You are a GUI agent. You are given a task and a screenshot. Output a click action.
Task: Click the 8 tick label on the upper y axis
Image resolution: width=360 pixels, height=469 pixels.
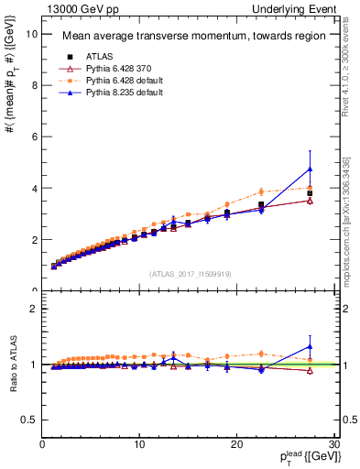33,85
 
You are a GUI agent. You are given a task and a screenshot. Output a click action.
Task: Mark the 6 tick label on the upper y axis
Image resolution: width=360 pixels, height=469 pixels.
33,136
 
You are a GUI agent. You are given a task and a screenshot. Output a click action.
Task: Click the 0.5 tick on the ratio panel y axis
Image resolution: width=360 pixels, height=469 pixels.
29,420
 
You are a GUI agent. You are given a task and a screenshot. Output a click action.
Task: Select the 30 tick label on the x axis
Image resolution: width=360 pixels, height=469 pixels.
333,444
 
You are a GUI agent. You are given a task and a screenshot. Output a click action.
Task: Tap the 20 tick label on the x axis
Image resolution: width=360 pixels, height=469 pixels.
236,444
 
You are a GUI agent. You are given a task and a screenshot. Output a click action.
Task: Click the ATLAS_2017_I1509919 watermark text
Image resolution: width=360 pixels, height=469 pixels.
190,273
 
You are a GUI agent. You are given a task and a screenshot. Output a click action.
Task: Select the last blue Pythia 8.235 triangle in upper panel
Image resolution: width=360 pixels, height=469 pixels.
311,169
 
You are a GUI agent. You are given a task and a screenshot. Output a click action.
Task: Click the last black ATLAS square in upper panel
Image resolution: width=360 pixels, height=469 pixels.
311,193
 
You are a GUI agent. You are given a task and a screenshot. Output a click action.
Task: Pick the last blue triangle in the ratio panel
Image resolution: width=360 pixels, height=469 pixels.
311,346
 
